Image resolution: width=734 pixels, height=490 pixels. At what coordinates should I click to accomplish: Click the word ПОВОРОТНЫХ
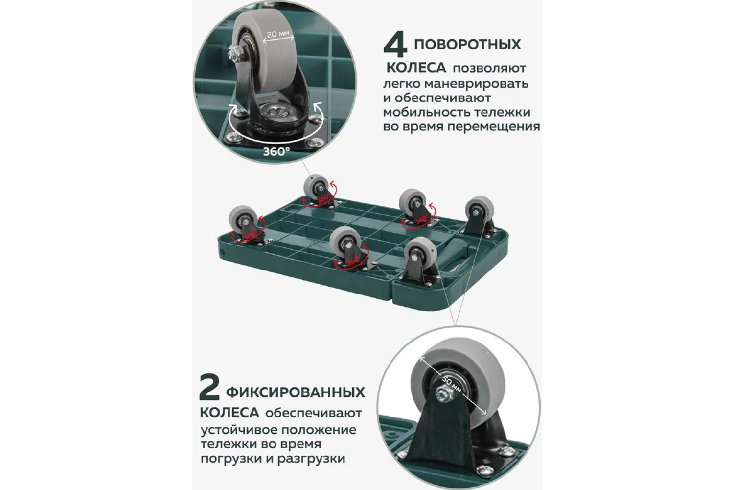pyautogui.click(x=468, y=45)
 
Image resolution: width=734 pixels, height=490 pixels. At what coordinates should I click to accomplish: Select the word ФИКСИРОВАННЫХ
pyautogui.click(x=295, y=392)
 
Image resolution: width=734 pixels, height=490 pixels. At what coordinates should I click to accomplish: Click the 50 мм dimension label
pyautogui.click(x=452, y=384)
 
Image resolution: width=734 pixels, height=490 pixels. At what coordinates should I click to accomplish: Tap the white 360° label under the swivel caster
pyautogui.click(x=276, y=151)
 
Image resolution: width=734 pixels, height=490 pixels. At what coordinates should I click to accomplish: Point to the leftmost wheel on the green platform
pyautogui.click(x=243, y=219)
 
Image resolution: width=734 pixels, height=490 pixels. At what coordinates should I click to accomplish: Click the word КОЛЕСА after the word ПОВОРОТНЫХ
pyautogui.click(x=416, y=68)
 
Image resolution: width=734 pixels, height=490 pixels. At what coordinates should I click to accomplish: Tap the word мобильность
pyautogui.click(x=423, y=113)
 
